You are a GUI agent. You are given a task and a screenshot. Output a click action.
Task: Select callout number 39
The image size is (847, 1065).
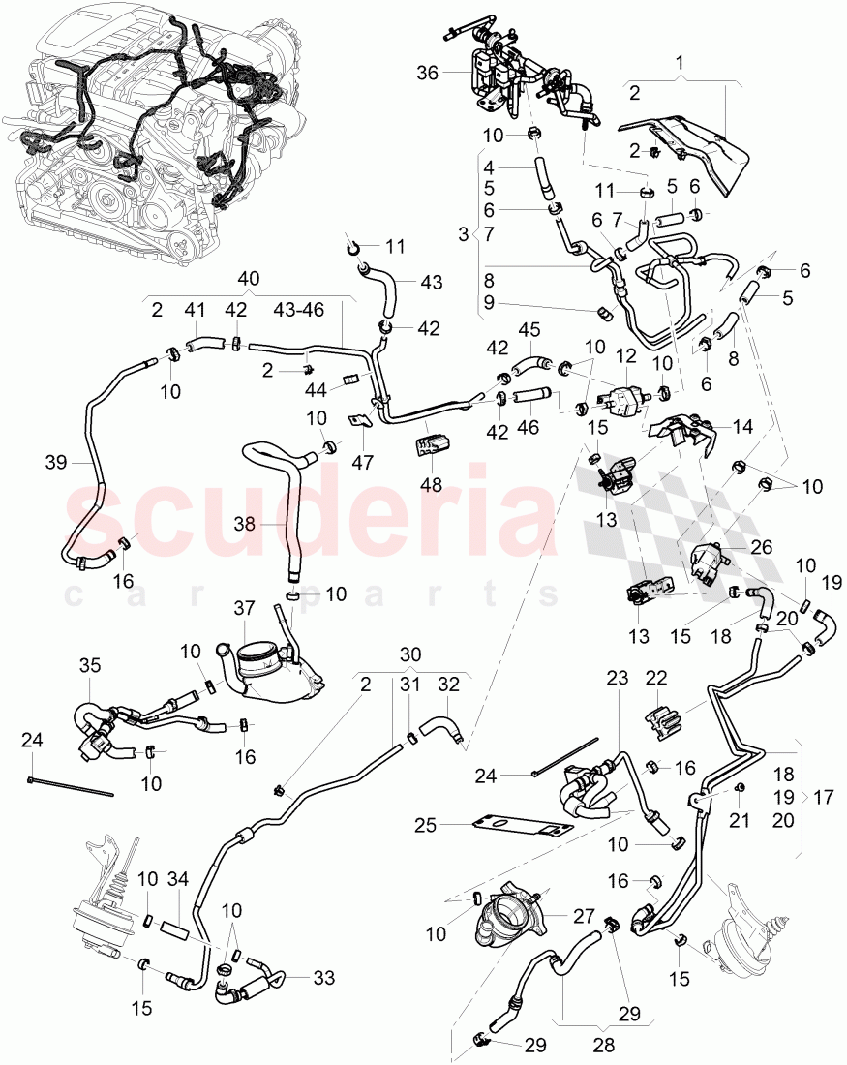[x=55, y=464]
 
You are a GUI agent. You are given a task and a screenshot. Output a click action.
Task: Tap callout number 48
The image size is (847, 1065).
[x=431, y=482]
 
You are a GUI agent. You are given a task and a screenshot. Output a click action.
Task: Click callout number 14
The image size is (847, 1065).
[x=743, y=425]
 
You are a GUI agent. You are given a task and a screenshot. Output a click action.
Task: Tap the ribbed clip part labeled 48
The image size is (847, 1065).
[x=430, y=446]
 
